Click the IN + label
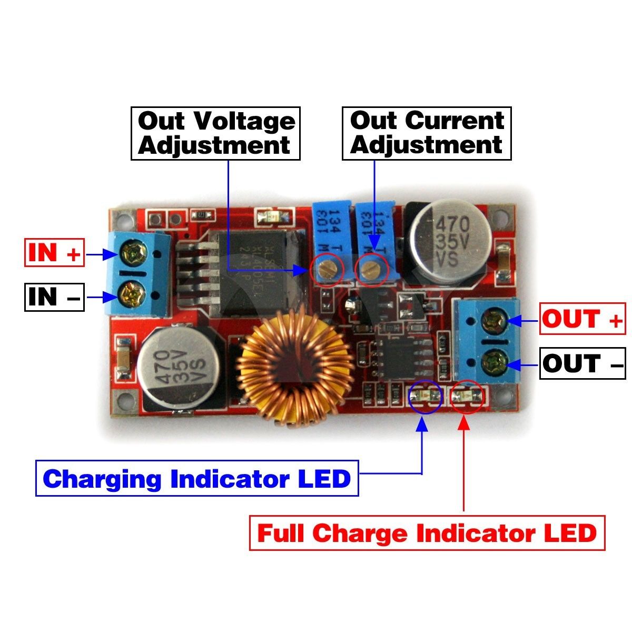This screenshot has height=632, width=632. pyautogui.click(x=54, y=253)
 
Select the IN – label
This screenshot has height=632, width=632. pyautogui.click(x=54, y=297)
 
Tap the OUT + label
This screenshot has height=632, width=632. pyautogui.click(x=582, y=319)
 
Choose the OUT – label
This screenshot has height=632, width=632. pyautogui.click(x=582, y=363)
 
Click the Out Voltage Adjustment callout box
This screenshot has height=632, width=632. pyautogui.click(x=215, y=133)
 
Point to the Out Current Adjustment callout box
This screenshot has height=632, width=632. pyautogui.click(x=427, y=133)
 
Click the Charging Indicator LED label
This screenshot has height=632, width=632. pyautogui.click(x=197, y=479)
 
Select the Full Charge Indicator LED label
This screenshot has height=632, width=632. pyautogui.click(x=427, y=534)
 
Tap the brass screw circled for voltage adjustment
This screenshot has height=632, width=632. pyautogui.click(x=327, y=270)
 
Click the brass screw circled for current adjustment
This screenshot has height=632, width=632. pyautogui.click(x=371, y=271)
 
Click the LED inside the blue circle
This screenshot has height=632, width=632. pyautogui.click(x=426, y=396)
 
